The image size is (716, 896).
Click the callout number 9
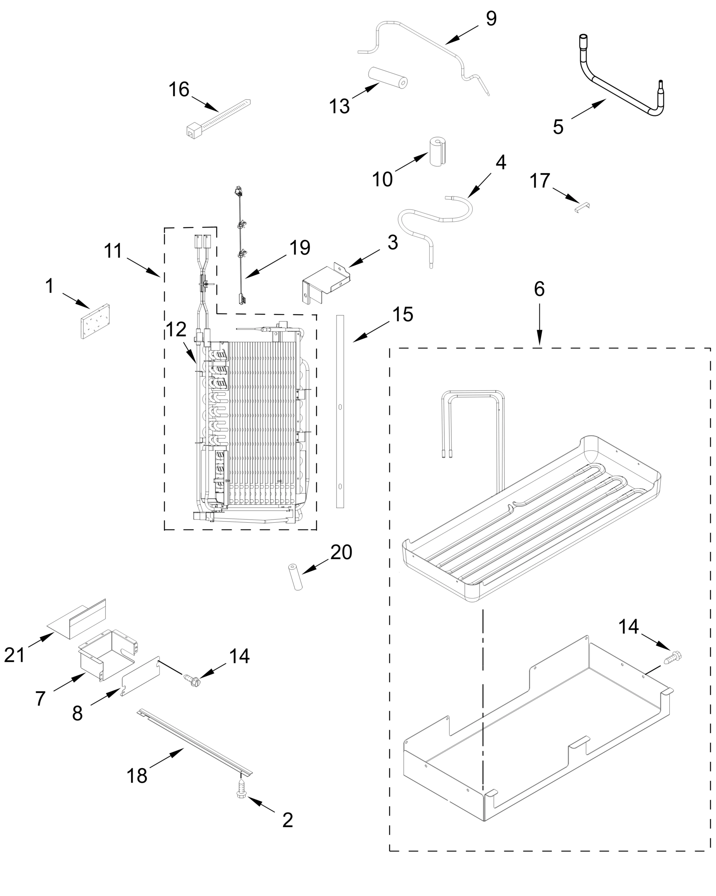491,18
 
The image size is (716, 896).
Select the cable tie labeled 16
217,118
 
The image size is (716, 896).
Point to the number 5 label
558,126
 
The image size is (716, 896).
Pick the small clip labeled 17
583,206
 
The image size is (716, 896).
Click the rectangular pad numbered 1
95,321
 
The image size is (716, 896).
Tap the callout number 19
300,248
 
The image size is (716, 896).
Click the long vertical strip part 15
340,411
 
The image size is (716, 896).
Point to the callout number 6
539,289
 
